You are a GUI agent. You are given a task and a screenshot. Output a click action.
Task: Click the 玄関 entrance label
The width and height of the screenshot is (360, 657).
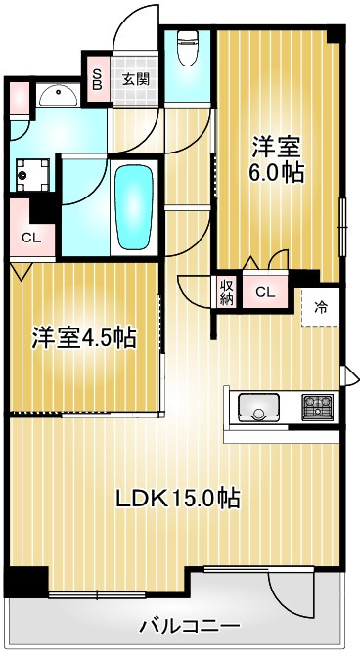coord(135,79)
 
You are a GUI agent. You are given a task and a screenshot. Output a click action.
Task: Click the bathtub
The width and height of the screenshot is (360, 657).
coord(134,207)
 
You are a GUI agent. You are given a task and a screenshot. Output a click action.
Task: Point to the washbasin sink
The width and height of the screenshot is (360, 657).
coord(61,98)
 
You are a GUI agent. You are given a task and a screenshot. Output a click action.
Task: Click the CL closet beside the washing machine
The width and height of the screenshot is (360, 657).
coord(30,238)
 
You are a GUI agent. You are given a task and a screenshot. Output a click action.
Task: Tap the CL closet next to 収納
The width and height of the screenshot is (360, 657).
coord(264,291)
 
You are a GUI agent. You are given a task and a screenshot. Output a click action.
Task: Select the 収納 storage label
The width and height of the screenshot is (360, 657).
coord(226,291)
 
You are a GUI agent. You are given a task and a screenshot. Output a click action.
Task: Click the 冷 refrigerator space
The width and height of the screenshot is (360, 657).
coord(321,306)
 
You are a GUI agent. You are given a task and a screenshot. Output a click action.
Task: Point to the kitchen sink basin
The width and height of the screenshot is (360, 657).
coord(259,404)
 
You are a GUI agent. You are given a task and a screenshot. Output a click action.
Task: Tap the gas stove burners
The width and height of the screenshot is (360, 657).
coord(316,404)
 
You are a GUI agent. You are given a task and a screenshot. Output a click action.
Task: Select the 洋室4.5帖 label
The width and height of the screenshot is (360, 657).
coord(84,339)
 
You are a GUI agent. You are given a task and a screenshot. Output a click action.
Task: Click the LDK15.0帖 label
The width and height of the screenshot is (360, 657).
coord(179,499)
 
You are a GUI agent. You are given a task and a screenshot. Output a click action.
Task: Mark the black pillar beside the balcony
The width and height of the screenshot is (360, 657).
coord(23,582)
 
